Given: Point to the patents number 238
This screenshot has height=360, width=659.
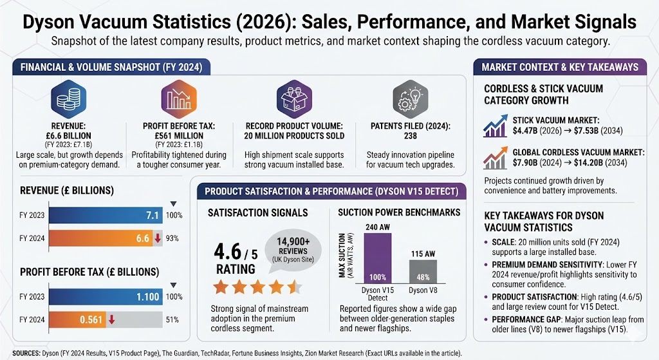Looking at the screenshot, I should (x=410, y=145).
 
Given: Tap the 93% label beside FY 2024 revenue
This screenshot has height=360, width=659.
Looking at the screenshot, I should (x=172, y=239).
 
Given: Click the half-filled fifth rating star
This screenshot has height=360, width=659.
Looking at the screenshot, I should (x=293, y=286).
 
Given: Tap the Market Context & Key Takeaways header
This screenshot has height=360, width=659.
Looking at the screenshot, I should (x=560, y=67).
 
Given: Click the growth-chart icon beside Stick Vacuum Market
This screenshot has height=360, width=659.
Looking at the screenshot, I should (x=496, y=128).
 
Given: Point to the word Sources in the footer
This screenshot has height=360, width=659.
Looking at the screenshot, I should (x=26, y=353).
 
